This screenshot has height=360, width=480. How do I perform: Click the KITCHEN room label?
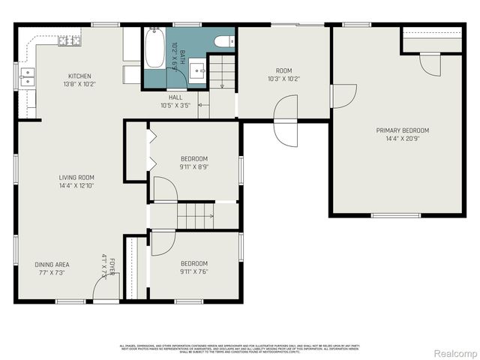click(x=79, y=76)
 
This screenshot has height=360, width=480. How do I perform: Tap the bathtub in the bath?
click(x=155, y=46)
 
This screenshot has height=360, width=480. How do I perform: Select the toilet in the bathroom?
click(x=223, y=40)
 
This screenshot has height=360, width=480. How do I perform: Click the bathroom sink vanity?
click(x=199, y=72)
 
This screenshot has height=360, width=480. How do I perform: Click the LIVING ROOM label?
click(x=76, y=178)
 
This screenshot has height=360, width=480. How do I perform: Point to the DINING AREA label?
click(x=52, y=265)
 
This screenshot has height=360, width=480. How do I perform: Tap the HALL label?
click(x=175, y=97)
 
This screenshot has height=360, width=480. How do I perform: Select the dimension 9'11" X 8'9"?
click(x=193, y=167)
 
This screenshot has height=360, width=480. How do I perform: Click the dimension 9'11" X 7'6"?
click(x=193, y=271)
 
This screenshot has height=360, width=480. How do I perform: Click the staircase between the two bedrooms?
click(x=194, y=216)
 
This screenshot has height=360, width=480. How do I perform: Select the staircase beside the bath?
click(x=222, y=75)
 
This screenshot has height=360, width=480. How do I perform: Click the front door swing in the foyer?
click(x=100, y=286)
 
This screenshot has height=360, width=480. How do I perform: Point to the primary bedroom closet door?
click(x=429, y=65)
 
